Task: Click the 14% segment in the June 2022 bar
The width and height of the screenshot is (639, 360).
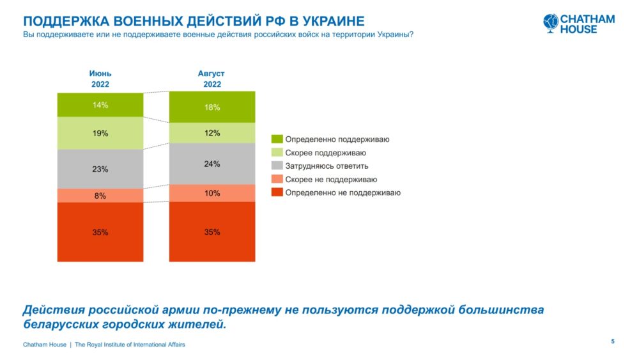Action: click(100, 105)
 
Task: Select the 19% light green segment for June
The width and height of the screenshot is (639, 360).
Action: click(100, 133)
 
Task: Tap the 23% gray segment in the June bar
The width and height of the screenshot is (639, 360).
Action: click(100, 169)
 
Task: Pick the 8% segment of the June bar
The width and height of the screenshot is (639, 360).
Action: click(100, 196)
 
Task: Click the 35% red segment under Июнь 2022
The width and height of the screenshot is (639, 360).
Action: click(100, 232)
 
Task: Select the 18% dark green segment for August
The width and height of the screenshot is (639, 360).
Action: click(212, 107)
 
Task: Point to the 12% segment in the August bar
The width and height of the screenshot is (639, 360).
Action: click(212, 133)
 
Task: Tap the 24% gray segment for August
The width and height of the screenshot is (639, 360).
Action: click(212, 164)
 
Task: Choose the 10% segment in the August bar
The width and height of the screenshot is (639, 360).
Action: click(212, 193)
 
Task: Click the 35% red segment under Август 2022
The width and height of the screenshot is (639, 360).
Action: click(212, 232)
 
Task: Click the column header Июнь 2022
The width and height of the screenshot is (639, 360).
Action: click(100, 79)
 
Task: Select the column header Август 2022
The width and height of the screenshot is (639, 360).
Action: click(212, 79)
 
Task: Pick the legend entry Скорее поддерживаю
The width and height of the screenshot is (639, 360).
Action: click(325, 153)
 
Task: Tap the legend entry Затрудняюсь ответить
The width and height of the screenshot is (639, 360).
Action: click(327, 166)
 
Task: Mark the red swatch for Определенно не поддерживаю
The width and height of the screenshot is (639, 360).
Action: click(277, 193)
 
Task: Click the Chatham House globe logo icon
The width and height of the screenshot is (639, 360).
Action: click(551, 22)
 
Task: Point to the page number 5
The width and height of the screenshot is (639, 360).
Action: click(613, 341)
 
